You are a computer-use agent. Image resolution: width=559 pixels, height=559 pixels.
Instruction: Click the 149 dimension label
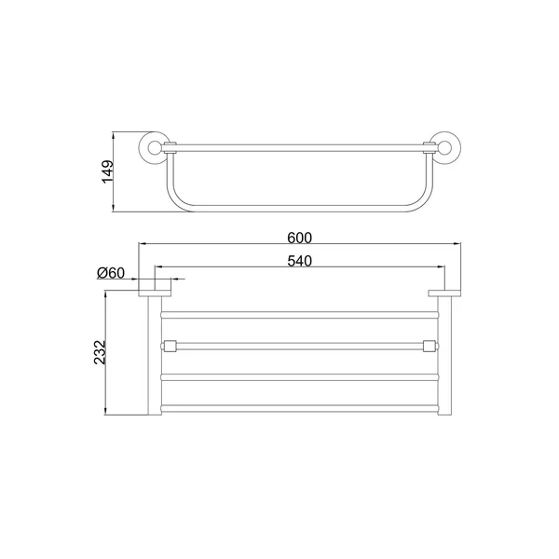(x=108, y=171)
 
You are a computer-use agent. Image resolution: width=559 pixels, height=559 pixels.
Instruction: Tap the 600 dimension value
(x=299, y=238)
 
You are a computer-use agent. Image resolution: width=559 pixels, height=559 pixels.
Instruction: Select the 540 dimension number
(x=299, y=261)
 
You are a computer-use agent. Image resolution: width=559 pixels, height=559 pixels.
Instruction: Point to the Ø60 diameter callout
(x=111, y=273)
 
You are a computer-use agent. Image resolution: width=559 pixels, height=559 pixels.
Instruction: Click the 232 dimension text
(x=101, y=352)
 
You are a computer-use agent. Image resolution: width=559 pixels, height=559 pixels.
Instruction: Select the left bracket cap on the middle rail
(x=170, y=346)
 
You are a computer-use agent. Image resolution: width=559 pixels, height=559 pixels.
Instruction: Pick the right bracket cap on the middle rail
(x=429, y=346)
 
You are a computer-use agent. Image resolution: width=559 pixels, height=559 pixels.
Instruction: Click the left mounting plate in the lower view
(x=155, y=293)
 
